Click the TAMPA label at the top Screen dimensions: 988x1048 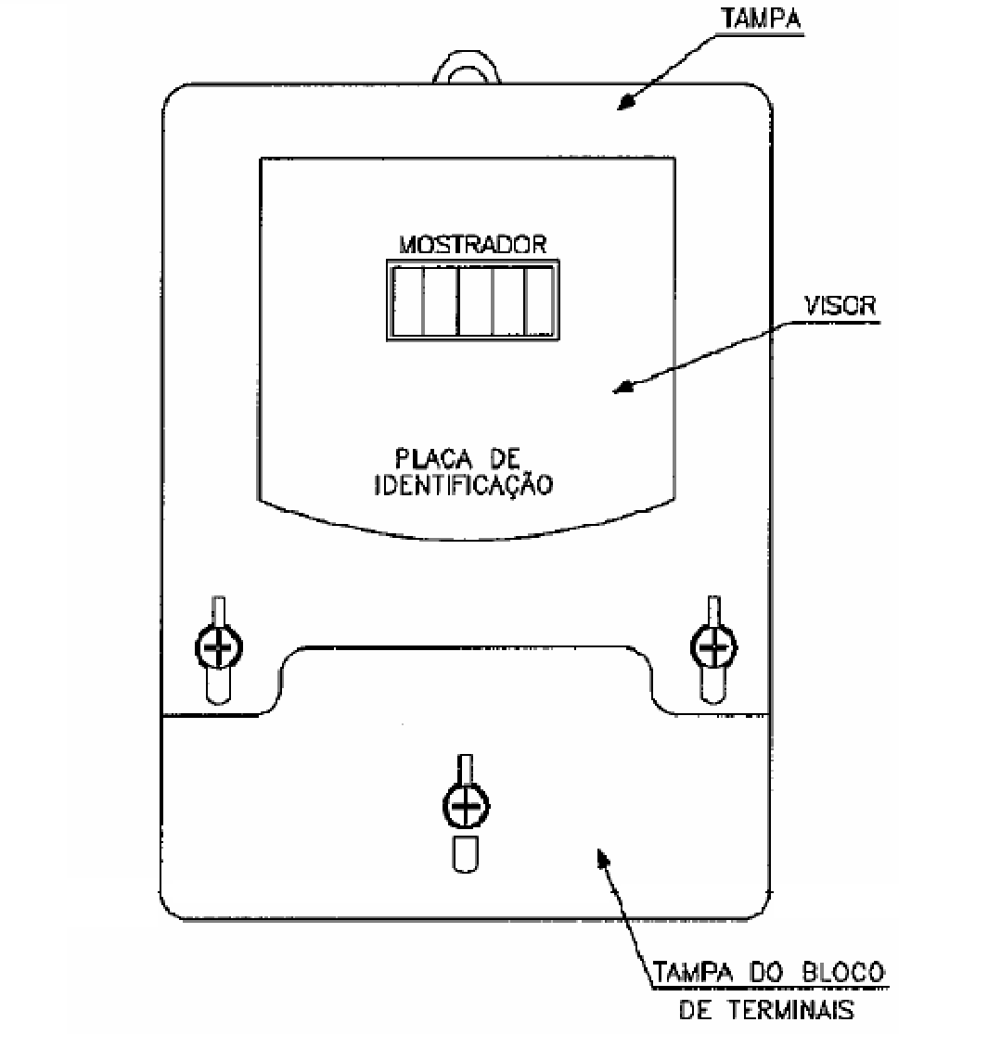pyautogui.click(x=761, y=19)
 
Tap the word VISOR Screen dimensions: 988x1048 pyautogui.click(x=840, y=305)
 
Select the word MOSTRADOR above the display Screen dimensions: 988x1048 pyautogui.click(x=472, y=245)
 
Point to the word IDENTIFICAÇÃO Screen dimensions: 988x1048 pyautogui.click(x=463, y=485)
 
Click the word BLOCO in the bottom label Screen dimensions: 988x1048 pyautogui.click(x=843, y=972)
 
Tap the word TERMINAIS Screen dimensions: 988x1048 pyautogui.click(x=790, y=1010)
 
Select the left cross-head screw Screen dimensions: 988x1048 pyautogui.click(x=219, y=647)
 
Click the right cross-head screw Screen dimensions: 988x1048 pyautogui.click(x=714, y=647)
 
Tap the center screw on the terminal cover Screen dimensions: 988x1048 pyautogui.click(x=466, y=805)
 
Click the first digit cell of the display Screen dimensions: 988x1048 pyautogui.click(x=408, y=300)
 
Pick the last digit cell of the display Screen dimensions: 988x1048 pyautogui.click(x=539, y=300)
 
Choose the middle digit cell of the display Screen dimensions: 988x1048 pyautogui.click(x=475, y=300)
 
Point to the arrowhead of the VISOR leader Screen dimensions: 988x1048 pyautogui.click(x=623, y=387)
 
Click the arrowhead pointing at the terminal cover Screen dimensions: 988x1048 pyautogui.click(x=602, y=857)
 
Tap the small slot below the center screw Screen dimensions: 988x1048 pyautogui.click(x=466, y=854)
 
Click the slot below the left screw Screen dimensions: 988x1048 pyautogui.click(x=219, y=685)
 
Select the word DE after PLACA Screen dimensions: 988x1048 pyautogui.click(x=505, y=458)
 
